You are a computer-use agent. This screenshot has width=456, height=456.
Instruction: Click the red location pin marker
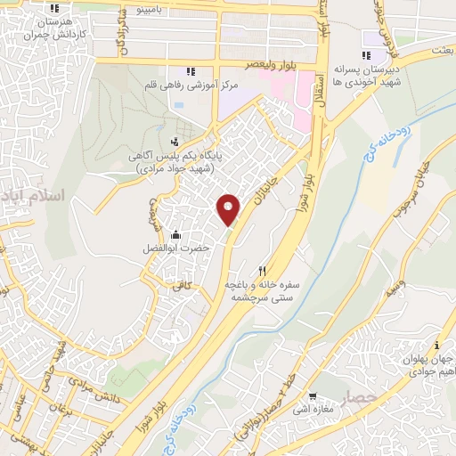[x=229, y=208]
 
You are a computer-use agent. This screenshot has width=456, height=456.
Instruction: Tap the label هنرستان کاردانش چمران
[x=45, y=26]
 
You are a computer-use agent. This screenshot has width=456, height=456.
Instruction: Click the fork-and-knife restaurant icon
[x=262, y=271]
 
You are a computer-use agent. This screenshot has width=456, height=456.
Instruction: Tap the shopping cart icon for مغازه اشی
[x=313, y=396]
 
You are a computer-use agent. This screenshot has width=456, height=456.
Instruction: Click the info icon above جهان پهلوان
[x=436, y=345]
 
